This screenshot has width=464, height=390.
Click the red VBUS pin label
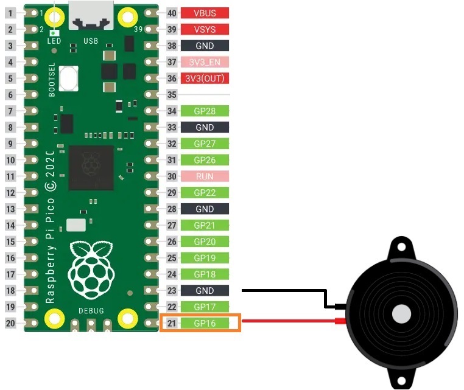[205, 13]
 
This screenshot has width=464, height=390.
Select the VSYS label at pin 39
[205, 29]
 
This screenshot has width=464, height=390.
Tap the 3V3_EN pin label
[205, 62]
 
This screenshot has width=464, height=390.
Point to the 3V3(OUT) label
[205, 78]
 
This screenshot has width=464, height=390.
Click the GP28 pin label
[205, 111]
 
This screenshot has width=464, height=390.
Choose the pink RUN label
[205, 176]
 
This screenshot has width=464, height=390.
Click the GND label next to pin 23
[205, 290]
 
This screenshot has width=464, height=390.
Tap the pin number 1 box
[10, 13]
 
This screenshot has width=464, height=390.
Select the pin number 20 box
[10, 323]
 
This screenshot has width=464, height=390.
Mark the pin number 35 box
[172, 95]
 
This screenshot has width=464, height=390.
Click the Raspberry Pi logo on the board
[91, 268]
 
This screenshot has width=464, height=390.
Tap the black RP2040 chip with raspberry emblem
[91, 168]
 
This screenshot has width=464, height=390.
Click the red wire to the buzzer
[286, 321]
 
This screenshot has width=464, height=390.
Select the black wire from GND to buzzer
[286, 291]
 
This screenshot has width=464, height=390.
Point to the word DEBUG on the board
[91, 311]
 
